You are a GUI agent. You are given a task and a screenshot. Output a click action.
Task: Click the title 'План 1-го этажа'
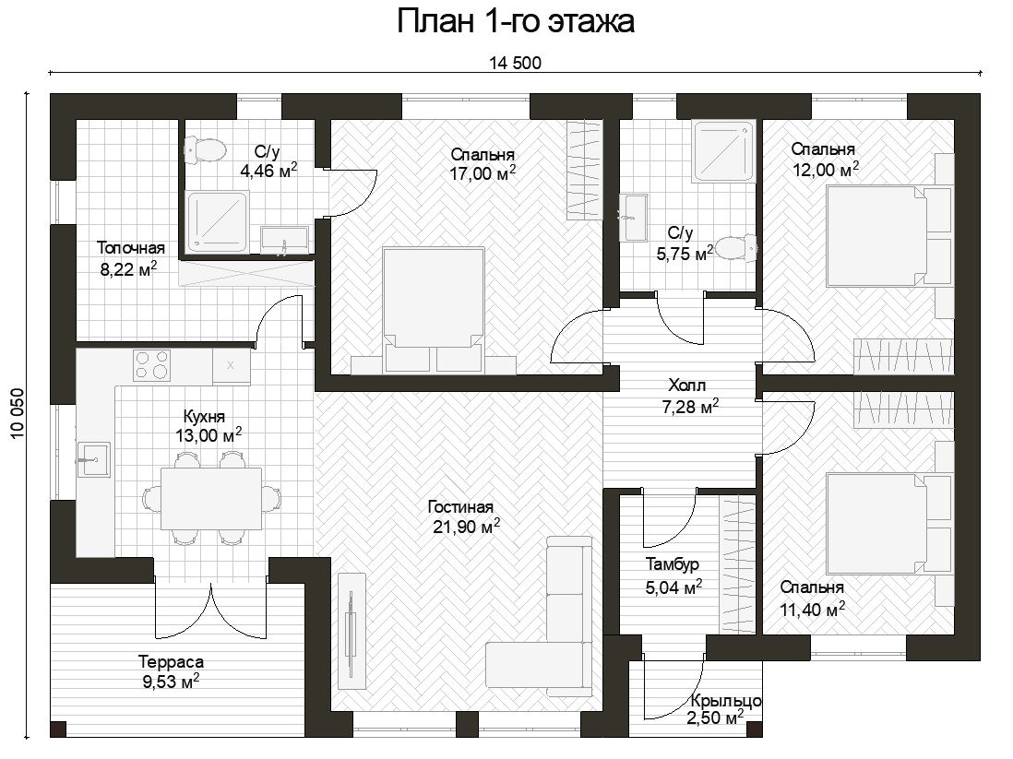[x=515, y=21]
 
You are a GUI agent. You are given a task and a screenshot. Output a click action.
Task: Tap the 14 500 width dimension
[x=515, y=64]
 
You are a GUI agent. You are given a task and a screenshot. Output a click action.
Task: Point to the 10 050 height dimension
[x=18, y=414]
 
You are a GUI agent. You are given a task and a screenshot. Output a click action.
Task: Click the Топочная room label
[x=130, y=247]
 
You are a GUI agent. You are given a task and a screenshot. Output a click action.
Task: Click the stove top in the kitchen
[x=152, y=365]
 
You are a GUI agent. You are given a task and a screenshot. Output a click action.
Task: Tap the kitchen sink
[x=94, y=459]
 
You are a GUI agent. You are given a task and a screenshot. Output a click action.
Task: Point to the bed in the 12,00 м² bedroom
[x=889, y=236]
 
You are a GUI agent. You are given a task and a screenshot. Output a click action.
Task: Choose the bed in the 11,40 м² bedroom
[x=889, y=523]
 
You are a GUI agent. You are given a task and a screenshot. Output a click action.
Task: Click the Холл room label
[x=686, y=385]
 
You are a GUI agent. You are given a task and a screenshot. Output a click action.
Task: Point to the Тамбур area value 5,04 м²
[x=673, y=587]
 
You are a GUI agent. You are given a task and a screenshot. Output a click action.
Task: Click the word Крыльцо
[x=725, y=701]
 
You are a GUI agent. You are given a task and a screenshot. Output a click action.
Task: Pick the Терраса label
[x=171, y=662]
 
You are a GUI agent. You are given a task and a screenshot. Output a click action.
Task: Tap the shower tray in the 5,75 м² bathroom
[x=723, y=150]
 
